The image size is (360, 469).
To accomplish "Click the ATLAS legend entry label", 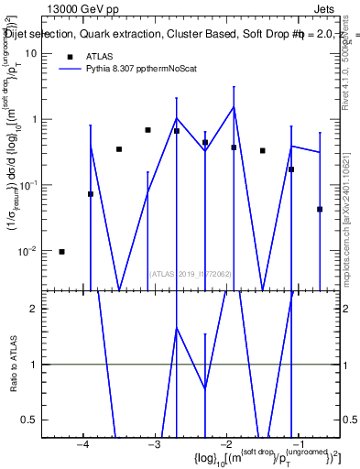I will pos(101,56).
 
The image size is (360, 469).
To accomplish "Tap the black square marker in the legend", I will pos(69,56).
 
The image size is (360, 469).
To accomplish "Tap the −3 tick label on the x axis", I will pos(154,445).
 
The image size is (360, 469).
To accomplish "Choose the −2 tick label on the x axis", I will pos(225,445).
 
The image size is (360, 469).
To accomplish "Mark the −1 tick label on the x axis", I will pos(297,445).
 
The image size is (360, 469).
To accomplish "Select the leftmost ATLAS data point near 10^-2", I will pos(61,251).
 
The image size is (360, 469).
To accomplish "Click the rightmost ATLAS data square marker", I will pos(320,209).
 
